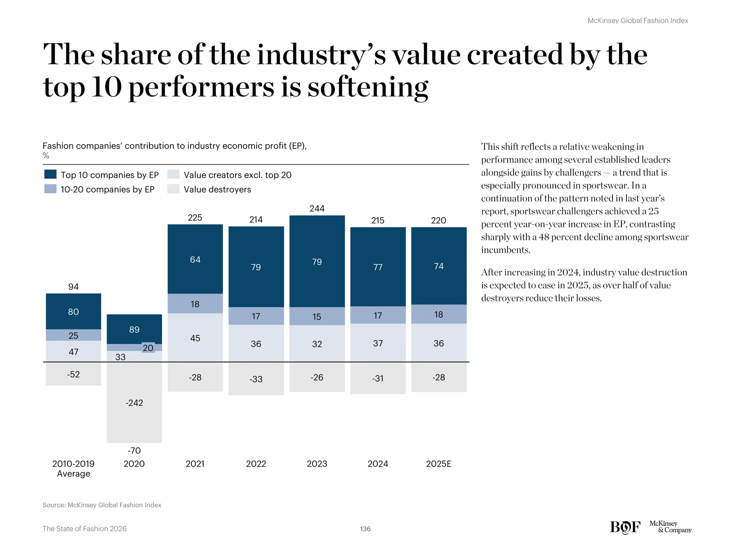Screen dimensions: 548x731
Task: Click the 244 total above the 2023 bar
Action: (317, 208)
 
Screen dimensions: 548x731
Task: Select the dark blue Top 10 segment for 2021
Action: (195, 259)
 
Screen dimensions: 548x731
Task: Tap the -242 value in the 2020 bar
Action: (134, 403)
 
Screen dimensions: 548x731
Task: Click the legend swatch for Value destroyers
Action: (173, 189)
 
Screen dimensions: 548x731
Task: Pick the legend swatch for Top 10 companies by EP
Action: (50, 174)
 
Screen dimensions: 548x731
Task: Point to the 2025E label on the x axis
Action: (438, 464)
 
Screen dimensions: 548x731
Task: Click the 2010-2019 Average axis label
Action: (73, 468)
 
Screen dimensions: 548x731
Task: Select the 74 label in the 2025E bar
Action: (438, 266)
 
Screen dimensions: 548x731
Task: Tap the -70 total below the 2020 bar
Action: (134, 451)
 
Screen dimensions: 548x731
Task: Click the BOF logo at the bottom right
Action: (625, 527)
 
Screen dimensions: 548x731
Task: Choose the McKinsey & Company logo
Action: (670, 527)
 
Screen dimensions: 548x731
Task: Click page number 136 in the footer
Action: (365, 529)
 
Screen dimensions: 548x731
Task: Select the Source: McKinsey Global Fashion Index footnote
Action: (102, 505)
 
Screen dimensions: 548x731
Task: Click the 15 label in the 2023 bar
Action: (317, 316)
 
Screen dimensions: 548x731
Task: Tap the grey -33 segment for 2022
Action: (256, 379)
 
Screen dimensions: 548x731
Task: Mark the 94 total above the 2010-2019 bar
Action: (73, 286)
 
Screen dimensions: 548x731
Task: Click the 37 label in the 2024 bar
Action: (378, 343)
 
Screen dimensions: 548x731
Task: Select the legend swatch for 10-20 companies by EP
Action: (50, 189)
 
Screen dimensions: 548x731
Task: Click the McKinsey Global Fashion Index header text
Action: (637, 21)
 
